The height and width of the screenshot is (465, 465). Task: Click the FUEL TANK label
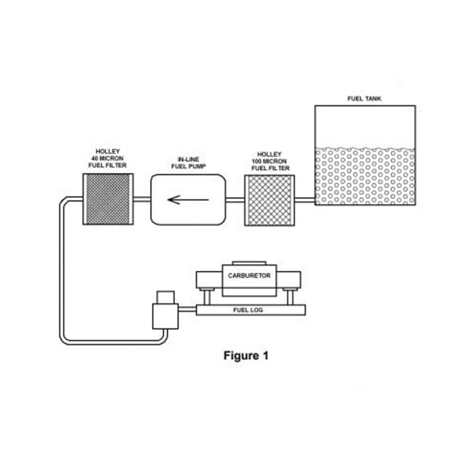(364, 99)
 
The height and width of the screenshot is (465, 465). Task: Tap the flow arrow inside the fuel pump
(188, 199)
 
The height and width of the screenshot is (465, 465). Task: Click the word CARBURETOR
(249, 276)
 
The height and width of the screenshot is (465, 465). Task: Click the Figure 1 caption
(246, 356)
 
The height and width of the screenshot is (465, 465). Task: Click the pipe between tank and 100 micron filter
(305, 201)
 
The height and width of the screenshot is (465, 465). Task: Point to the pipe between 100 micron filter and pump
(235, 201)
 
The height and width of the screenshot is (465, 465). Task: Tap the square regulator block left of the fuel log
(165, 315)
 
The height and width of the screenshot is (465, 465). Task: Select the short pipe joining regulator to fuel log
(187, 310)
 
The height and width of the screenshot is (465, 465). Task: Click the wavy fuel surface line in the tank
(364, 148)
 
